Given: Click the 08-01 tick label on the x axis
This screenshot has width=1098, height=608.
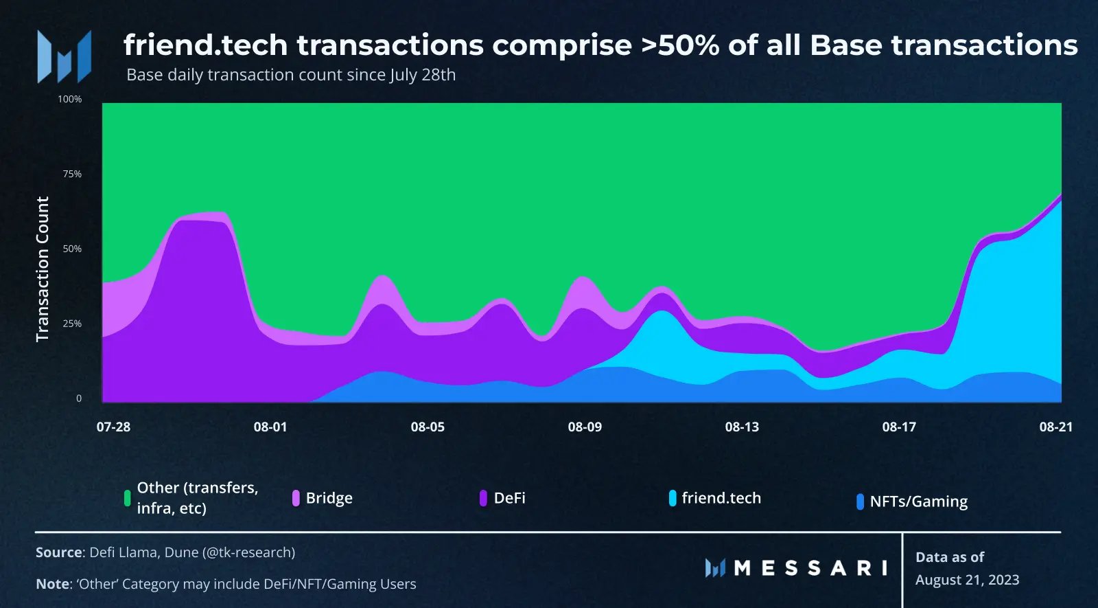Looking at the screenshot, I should tap(270, 427).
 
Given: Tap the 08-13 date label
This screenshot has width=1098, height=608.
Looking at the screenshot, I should tap(742, 427).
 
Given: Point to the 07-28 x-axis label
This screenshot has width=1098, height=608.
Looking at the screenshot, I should tap(113, 427).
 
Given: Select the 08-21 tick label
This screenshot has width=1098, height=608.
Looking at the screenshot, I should tap(1055, 427).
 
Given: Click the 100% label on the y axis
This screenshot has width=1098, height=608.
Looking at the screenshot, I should tap(69, 100).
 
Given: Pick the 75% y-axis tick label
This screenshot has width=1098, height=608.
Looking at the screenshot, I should tap(72, 174).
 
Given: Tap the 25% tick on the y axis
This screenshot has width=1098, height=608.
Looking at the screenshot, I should tap(72, 324).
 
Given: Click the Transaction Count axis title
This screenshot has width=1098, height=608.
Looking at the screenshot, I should tap(43, 269).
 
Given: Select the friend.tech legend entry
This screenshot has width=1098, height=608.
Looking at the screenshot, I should tap(721, 498).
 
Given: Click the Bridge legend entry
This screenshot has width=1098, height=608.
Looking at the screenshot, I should tap(329, 498).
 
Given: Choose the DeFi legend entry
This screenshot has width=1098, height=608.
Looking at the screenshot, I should tap(509, 498).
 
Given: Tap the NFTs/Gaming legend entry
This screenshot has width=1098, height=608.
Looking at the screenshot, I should tap(918, 502).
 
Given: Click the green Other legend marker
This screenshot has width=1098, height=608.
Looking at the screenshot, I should tap(127, 498).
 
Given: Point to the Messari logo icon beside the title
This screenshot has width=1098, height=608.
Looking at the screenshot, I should tap(65, 57).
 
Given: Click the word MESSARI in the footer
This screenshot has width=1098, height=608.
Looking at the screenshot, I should tap(810, 568).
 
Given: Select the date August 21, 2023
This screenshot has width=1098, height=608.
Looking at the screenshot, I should tap(967, 580).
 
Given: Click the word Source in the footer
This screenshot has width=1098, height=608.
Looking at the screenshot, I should tap(59, 552).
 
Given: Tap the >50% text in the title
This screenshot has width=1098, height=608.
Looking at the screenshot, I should tap(679, 45).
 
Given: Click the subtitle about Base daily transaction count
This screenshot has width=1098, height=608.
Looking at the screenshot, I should tap(291, 75).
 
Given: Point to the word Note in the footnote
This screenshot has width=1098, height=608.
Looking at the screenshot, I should tap(52, 584).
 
